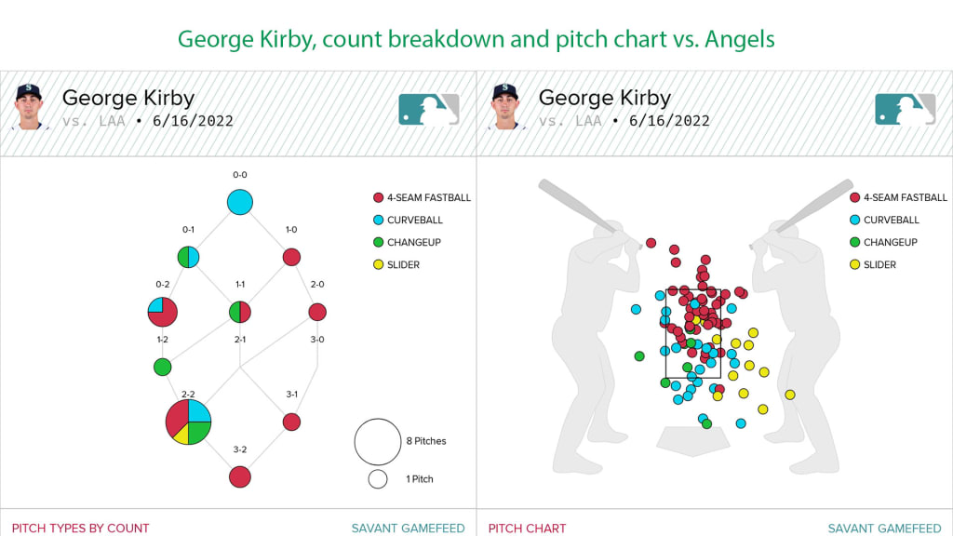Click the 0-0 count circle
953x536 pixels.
240,201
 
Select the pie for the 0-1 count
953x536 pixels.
188,257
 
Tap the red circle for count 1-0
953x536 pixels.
291,257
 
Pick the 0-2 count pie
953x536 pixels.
162,312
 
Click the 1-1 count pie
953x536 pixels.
240,312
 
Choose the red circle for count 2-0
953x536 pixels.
317,312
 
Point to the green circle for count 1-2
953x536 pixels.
162,367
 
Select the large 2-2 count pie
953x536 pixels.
188,422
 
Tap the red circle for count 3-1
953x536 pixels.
291,422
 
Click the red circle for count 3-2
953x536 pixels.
240,476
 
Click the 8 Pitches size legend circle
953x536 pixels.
377,441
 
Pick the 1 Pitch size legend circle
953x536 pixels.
377,479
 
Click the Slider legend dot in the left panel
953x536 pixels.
378,265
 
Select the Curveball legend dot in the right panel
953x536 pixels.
854,221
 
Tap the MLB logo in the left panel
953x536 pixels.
429,109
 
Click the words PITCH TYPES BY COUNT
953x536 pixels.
80,528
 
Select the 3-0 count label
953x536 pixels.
317,340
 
